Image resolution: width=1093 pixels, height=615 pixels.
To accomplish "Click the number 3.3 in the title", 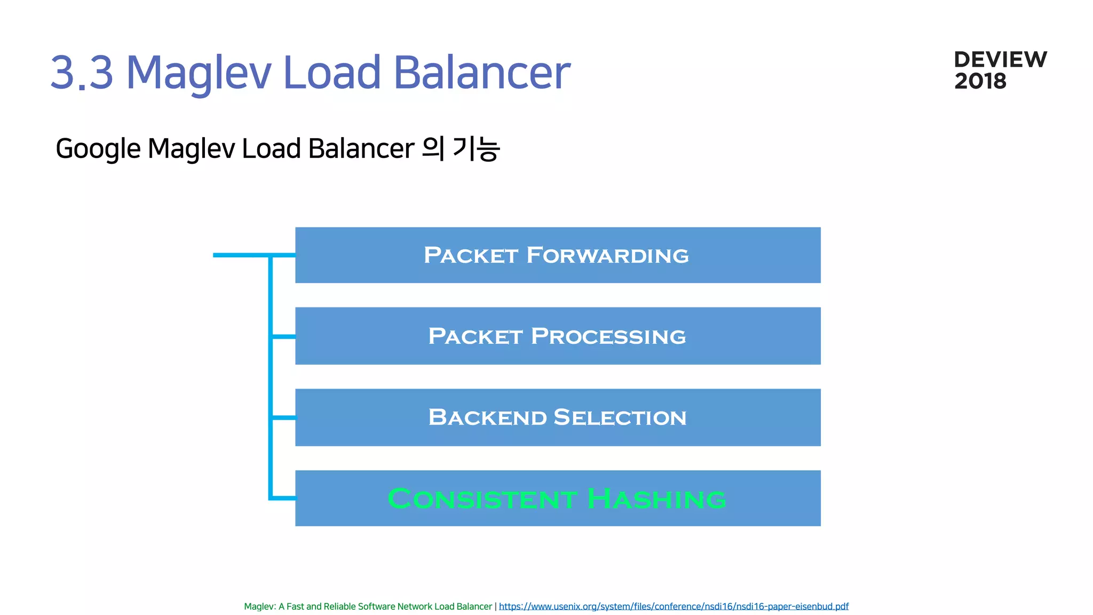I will [82, 73].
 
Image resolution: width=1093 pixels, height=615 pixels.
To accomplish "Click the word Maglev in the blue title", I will [199, 73].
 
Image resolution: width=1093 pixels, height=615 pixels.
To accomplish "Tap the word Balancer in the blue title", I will [482, 73].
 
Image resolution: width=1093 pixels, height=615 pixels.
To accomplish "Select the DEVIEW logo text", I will [1000, 59].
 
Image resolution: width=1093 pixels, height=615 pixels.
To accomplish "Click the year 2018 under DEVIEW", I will [980, 81].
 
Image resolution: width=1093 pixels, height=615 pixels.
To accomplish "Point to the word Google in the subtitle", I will [98, 148].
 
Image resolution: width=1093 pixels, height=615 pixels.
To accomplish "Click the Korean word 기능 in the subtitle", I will [476, 148].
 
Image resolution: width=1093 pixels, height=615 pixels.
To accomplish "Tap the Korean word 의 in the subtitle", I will [433, 148].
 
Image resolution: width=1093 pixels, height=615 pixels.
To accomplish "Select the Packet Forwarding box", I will [558, 255].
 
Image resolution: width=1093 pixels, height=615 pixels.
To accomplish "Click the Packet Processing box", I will [558, 336].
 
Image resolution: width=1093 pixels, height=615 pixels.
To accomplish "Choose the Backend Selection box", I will [558, 417].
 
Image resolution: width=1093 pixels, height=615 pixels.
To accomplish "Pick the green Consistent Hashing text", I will [557, 499].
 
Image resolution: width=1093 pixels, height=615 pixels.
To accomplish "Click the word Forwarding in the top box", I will [607, 255].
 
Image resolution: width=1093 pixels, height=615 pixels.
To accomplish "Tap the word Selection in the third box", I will [620, 417].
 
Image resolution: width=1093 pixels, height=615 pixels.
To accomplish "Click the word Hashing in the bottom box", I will [656, 499].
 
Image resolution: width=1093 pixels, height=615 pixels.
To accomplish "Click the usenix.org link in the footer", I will [674, 606].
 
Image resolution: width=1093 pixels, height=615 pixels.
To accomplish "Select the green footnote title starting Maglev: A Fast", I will [368, 606].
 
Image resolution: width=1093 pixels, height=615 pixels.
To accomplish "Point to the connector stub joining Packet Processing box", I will [283, 336].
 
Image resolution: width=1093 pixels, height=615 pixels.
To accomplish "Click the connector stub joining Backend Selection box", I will [283, 417].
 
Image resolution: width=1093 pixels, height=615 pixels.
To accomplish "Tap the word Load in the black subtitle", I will [271, 148].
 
